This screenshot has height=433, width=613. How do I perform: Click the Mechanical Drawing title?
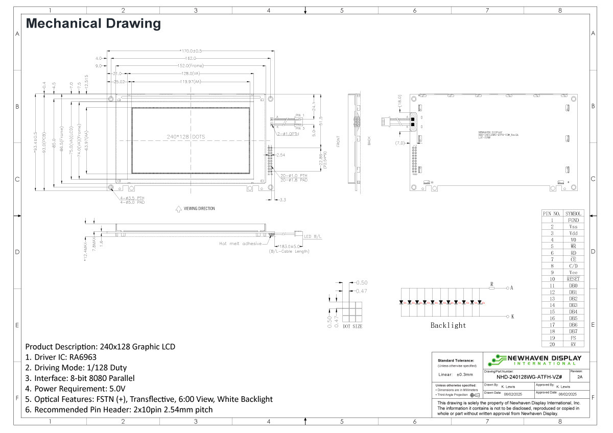coord(93,23)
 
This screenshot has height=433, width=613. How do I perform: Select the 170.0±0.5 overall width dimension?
coord(192,51)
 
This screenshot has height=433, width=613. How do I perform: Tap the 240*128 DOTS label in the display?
coord(186,137)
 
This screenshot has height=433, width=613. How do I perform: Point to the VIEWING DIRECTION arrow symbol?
coord(178,208)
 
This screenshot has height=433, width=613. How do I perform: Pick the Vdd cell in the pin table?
coord(573,233)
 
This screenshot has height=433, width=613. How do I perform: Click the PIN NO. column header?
coord(552,213)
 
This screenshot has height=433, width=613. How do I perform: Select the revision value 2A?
coord(579,377)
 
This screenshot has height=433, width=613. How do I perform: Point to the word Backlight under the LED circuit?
coord(448,325)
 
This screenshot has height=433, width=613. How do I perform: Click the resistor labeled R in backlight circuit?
coord(491,288)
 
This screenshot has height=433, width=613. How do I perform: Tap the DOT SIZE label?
coord(352,326)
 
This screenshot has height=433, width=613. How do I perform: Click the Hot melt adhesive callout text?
coord(240,244)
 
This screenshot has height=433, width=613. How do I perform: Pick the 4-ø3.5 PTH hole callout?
coord(132,198)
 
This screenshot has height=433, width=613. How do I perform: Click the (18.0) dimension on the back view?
coord(399,100)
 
